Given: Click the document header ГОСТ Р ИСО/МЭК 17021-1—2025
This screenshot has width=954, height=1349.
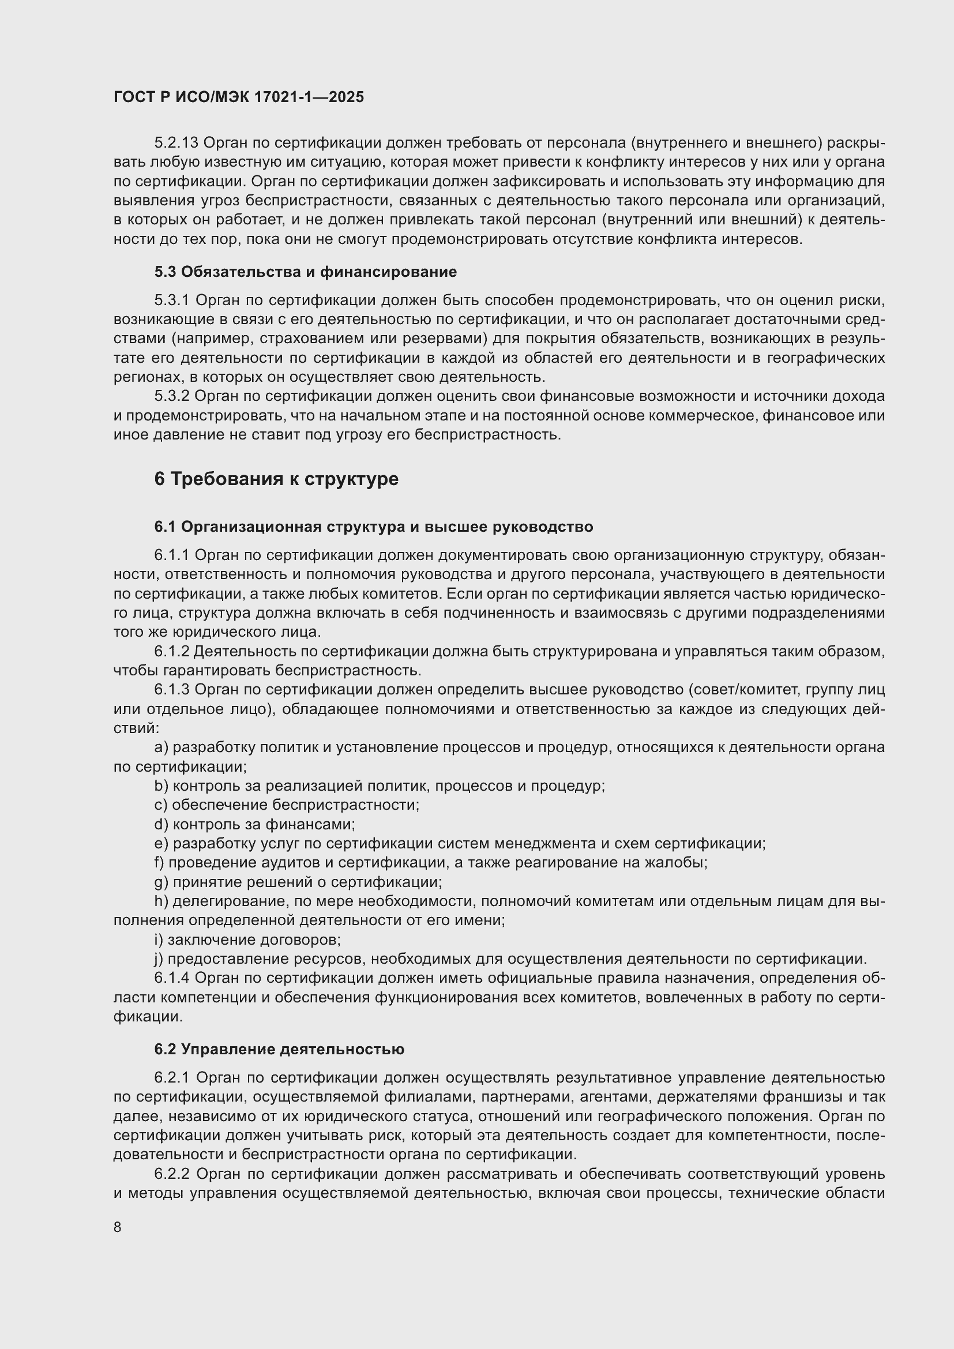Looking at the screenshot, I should (239, 97).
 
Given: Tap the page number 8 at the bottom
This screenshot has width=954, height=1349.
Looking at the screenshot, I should (118, 1227).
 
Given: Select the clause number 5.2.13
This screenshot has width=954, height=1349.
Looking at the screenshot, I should (176, 143).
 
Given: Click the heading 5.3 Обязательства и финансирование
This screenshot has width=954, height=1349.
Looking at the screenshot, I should (306, 272).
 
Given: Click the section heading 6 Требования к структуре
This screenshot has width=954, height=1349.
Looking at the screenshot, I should (276, 479).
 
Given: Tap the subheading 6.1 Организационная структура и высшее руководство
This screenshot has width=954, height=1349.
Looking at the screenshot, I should (374, 527).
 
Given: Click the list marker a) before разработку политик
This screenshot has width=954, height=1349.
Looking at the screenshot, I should (161, 747).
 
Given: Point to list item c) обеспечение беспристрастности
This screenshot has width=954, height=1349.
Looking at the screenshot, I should (287, 805).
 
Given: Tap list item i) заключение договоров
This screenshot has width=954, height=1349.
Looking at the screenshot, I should (247, 940).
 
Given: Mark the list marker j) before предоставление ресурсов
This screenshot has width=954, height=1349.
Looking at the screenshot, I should (159, 959).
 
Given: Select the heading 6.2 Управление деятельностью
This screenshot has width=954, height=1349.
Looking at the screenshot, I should (279, 1049).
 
